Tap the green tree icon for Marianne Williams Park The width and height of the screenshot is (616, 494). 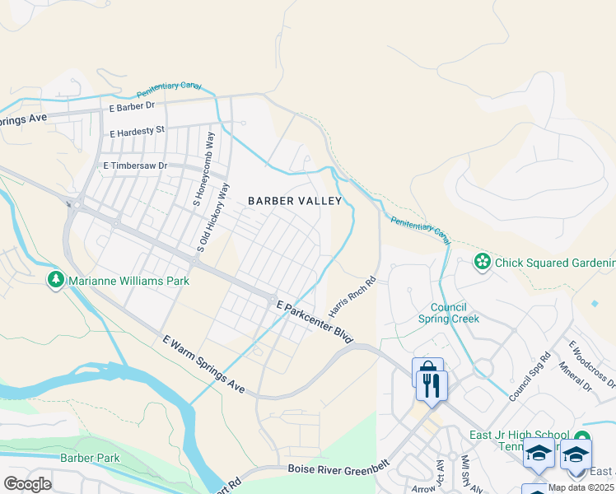pos(56,280)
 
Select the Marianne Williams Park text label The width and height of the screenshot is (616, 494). pos(128,281)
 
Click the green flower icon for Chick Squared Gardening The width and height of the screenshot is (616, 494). pos(482,263)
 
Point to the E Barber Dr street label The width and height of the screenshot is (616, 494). pos(132,106)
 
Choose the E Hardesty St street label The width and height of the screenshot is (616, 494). pos(138,130)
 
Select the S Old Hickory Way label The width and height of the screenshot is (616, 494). pos(212,218)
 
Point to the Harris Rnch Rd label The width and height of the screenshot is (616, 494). pos(352,298)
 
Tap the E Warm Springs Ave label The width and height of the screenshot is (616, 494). pos(203,363)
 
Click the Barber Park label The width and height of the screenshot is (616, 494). pos(90,458)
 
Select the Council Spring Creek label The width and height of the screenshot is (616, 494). pos(454,313)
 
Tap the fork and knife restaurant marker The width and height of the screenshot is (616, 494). pos(432,384)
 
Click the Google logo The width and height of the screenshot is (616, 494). pos(27,483)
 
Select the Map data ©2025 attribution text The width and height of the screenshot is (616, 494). pos(581,487)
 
